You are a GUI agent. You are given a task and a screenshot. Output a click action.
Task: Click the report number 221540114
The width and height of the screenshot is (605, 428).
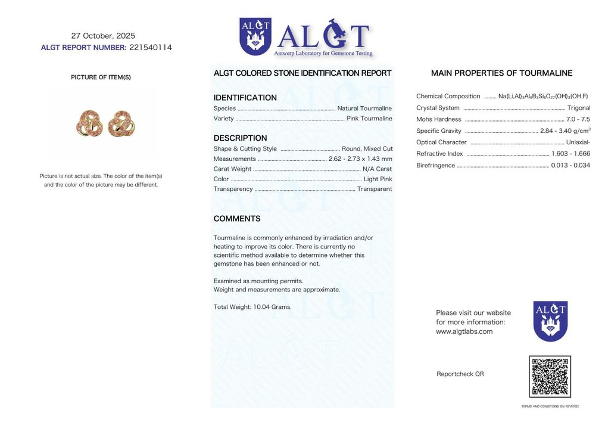coord(151,48)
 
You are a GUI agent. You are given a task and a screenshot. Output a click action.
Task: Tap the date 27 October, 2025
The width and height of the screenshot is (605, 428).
coord(103,36)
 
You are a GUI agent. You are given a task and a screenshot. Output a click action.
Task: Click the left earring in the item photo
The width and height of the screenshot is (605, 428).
coord(90,123)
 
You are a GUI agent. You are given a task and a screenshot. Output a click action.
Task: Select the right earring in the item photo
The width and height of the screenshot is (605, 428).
coord(122,123)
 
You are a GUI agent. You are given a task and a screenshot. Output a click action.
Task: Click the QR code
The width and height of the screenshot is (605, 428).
coord(550,376)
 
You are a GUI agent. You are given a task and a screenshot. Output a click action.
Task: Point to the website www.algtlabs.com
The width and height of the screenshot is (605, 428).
coord(464,332)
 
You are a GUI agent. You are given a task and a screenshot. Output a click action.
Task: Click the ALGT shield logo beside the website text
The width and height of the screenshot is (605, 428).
coord(550,321)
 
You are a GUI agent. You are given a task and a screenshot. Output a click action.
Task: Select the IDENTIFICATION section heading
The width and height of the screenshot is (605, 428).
coord(245,98)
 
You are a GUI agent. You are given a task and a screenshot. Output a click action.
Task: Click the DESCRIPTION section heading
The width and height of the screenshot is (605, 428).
coord(240,138)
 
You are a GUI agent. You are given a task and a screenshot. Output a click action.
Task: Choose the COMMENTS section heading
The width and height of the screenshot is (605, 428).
coord(237,219)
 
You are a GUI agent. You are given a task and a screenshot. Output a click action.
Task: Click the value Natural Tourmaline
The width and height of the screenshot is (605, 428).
coord(364,108)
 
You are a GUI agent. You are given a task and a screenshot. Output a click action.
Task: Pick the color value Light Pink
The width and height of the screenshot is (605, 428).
coord(378,179)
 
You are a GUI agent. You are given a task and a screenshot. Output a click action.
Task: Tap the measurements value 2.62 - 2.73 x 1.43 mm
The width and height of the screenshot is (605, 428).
coord(360,159)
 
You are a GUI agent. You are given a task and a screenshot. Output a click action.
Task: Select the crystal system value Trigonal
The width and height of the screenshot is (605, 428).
coord(579,108)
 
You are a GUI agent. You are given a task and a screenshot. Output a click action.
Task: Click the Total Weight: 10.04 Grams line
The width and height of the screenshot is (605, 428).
coord(252,307)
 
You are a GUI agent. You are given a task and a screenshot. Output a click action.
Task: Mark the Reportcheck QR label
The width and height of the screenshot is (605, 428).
coord(460,374)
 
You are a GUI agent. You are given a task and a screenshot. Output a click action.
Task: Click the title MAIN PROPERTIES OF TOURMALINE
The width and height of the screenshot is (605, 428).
coord(501,73)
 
